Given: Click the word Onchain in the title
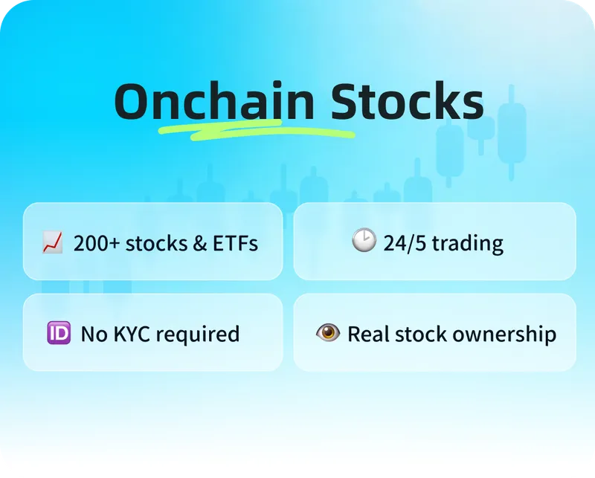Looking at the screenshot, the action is [x=214, y=100].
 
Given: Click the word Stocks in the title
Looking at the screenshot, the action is [x=407, y=100].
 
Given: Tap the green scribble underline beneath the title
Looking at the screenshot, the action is [x=257, y=131].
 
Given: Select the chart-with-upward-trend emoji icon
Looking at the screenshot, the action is [x=52, y=242].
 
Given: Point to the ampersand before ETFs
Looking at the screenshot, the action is [x=199, y=244].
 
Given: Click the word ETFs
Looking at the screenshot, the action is [x=235, y=243].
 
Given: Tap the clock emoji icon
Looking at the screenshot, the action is [x=364, y=240].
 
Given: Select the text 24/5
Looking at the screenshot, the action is [x=405, y=243].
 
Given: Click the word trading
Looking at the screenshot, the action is [x=468, y=244].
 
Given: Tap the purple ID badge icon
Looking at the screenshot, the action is [x=59, y=333].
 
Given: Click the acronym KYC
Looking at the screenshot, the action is [x=132, y=335].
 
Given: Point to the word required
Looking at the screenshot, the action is [x=198, y=335].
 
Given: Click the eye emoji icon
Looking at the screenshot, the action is [x=328, y=332].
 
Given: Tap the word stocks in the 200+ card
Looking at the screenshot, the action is [x=156, y=244].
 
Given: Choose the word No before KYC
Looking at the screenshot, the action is [x=94, y=335].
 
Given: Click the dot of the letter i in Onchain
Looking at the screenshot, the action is [x=277, y=85].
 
